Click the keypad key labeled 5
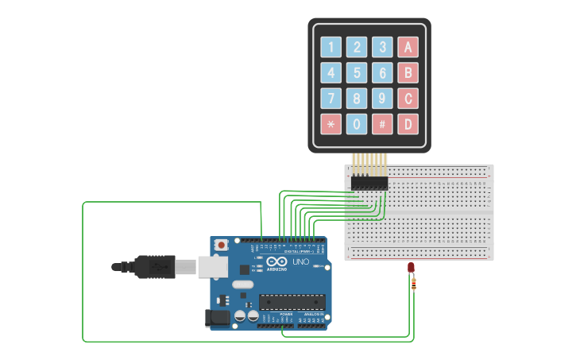357,73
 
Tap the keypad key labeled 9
382,99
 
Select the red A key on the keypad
408,47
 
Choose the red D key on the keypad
408,124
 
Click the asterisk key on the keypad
331,124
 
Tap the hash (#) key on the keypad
382,124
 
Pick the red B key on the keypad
408,73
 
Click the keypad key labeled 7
331,99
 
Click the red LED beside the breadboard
411,268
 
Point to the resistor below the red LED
413,284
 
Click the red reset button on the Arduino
220,245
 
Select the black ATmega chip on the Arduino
292,302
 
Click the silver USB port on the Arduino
212,266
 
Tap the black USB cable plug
155,266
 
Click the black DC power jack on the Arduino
217,318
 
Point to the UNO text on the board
300,261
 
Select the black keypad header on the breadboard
369,184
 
